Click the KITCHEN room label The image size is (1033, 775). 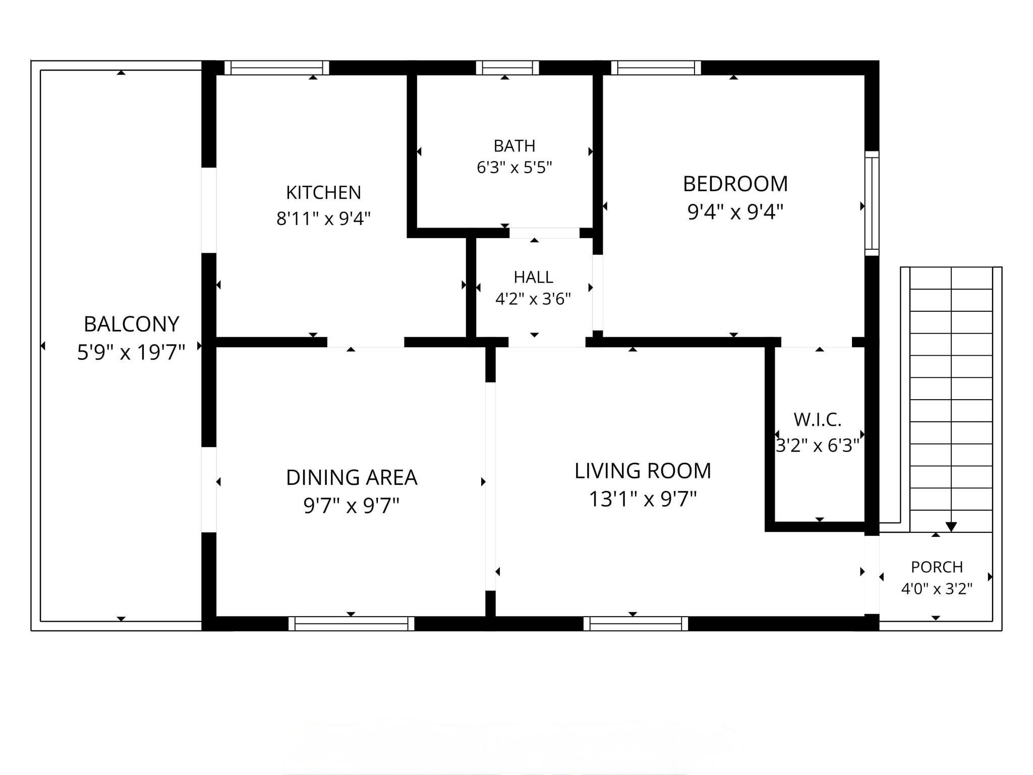[x=323, y=192]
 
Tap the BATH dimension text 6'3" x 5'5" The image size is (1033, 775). [x=514, y=167]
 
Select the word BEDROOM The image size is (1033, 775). [x=735, y=184]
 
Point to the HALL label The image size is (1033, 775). [x=533, y=277]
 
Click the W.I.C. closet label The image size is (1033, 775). [x=817, y=419]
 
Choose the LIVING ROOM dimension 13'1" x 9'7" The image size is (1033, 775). [x=643, y=499]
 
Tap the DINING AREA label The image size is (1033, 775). [x=352, y=477]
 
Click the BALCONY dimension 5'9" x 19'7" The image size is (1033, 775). [x=131, y=352]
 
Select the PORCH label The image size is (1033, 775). [x=937, y=567]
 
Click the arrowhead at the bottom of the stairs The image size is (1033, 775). [x=951, y=527]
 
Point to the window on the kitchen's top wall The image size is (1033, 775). [x=276, y=68]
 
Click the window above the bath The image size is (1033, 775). [x=507, y=68]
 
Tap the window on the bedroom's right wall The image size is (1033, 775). [x=872, y=203]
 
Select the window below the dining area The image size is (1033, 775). [x=352, y=624]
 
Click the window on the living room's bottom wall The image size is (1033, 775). [x=636, y=624]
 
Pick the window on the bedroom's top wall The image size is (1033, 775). [x=656, y=68]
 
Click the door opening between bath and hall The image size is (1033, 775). [x=544, y=233]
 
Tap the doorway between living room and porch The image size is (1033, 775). [x=872, y=574]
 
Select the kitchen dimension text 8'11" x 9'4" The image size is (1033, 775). [x=323, y=218]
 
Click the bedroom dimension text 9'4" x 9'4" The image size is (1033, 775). [x=735, y=212]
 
